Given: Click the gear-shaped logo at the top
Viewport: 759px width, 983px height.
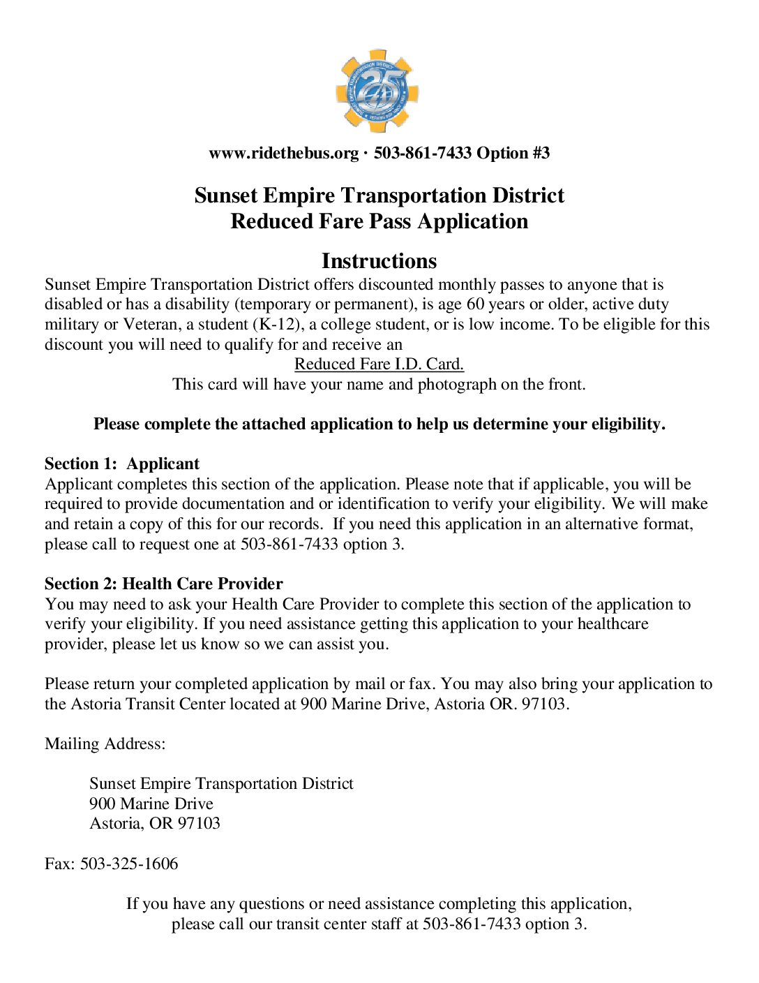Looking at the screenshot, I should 377,91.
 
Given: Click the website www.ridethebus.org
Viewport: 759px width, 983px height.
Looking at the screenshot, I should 283,153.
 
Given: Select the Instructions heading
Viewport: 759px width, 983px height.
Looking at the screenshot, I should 379,261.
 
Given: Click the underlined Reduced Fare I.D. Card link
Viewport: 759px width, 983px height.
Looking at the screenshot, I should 379,364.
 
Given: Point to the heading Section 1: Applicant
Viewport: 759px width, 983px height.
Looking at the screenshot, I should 122,464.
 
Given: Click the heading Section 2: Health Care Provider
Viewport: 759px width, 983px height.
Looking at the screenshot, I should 164,584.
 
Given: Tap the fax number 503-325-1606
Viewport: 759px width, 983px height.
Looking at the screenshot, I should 129,864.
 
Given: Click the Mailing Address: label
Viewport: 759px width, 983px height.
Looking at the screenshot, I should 105,744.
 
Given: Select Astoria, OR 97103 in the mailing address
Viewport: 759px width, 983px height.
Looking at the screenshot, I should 155,824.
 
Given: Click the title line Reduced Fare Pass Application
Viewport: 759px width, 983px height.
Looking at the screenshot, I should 379,221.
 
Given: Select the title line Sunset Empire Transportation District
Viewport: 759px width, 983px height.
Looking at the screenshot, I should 379,195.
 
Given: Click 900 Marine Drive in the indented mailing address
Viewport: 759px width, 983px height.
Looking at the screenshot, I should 151,804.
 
